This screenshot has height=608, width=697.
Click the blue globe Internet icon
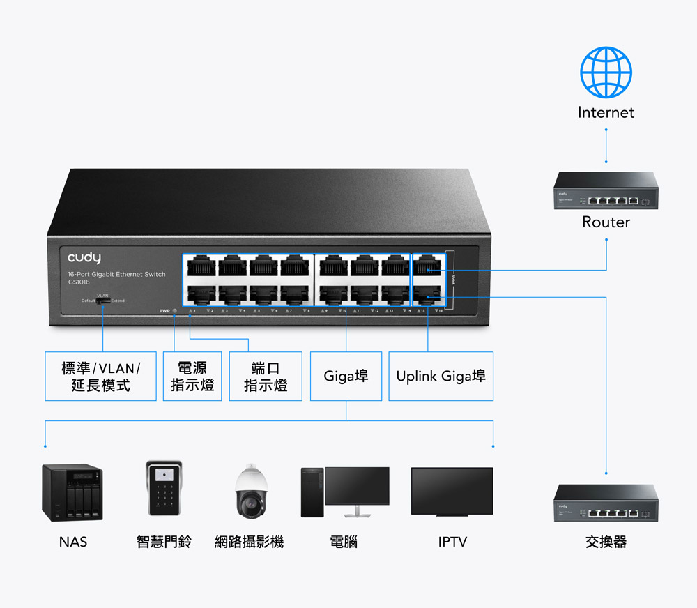[606, 72]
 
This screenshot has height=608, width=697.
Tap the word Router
[606, 222]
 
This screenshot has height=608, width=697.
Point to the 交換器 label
[606, 542]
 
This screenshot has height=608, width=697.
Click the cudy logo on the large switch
[84, 258]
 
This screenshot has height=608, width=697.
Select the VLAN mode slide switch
[103, 301]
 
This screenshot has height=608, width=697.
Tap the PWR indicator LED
[174, 310]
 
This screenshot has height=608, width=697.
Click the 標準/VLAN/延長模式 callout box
[100, 377]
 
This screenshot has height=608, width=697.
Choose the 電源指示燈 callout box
[192, 377]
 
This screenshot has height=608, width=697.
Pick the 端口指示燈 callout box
[266, 377]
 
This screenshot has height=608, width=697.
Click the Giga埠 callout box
[346, 377]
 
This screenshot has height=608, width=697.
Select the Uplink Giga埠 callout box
[441, 377]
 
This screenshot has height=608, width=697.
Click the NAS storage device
[72, 492]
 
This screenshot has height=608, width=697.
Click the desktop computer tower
[312, 492]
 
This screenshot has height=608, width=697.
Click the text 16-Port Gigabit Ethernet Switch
[116, 275]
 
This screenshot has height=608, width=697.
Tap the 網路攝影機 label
[249, 542]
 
